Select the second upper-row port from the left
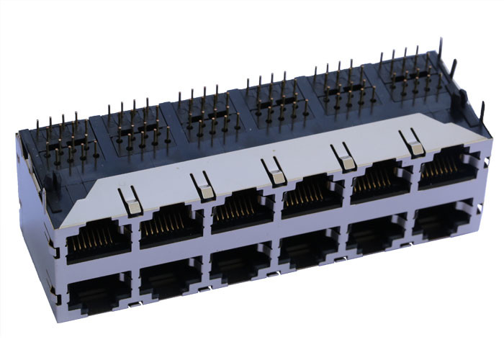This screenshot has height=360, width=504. coord(171,226)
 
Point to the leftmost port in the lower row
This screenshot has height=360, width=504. coord(98,294)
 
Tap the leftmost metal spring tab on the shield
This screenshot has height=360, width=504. coord(130,201)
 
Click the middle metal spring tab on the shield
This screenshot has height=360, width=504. coord(274,171)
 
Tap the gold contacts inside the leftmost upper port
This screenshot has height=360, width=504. coord(97,237)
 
